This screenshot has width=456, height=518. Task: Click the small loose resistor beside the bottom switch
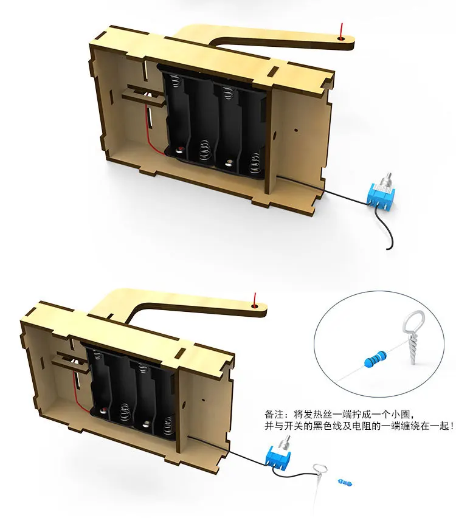click(345, 482)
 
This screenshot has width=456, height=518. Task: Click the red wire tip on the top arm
click(342, 30)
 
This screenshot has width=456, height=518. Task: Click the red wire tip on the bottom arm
click(255, 299)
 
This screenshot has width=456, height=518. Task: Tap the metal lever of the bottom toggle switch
click(285, 441)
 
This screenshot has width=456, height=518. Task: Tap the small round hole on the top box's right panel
click(296, 130)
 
